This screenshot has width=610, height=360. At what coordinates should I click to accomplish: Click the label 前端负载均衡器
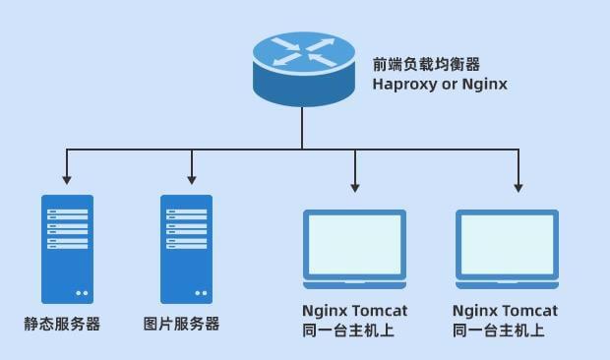click(x=426, y=64)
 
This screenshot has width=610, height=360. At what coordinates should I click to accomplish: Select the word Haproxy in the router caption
click(x=404, y=85)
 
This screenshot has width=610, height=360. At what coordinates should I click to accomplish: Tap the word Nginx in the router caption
click(x=485, y=85)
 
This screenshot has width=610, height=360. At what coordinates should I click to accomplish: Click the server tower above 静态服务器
click(x=67, y=248)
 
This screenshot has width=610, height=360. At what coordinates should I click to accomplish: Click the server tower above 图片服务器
click(x=186, y=248)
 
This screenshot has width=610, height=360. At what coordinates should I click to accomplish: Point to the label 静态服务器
click(x=62, y=324)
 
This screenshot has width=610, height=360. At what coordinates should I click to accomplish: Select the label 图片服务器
click(x=181, y=324)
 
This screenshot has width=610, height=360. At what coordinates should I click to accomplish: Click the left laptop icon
click(x=354, y=247)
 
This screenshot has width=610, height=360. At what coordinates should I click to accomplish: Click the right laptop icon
click(x=507, y=247)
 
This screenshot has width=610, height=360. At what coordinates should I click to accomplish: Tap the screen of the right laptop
click(x=507, y=241)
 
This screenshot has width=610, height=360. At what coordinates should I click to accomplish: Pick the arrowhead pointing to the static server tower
click(x=67, y=180)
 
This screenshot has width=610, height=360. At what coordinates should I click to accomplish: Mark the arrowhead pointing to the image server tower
click(x=190, y=180)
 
